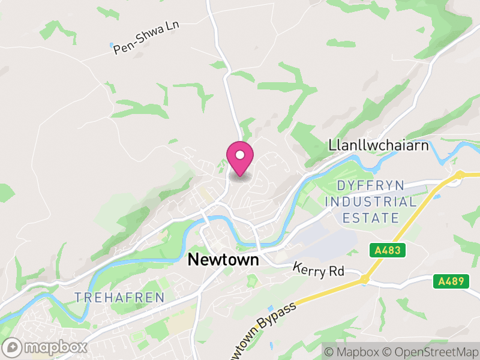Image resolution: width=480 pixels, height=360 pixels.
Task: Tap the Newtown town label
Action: click(223, 259)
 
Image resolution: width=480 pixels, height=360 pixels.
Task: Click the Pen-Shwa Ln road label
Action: click(146, 39)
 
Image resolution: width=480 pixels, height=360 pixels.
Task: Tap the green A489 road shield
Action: click(451, 281)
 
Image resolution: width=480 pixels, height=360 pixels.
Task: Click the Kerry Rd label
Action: click(318, 270)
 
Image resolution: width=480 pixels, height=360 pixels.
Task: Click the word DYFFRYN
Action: click(371, 185)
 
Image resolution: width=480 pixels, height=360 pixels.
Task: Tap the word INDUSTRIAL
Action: click(371, 202)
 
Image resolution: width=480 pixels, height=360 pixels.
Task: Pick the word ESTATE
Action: click(371, 217)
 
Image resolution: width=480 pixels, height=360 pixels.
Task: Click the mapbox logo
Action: click(45, 347)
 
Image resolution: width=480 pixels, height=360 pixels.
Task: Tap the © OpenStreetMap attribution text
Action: click(429, 351)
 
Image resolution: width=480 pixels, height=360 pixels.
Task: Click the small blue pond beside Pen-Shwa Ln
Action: click(112, 45)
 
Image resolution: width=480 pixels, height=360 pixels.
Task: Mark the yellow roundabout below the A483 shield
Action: click(364, 280)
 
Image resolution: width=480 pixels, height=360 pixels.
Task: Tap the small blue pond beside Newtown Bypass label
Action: click(269, 308)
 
